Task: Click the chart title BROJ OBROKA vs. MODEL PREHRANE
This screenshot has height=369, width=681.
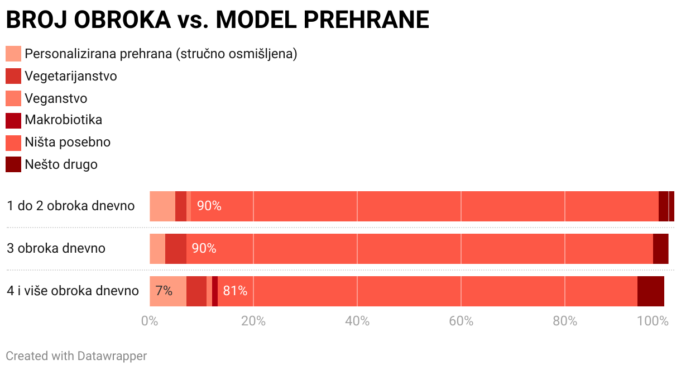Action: point(217,20)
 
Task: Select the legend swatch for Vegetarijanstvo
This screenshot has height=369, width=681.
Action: point(13,76)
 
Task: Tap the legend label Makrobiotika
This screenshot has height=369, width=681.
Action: point(63,120)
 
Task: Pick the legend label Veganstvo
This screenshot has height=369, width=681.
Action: point(56,98)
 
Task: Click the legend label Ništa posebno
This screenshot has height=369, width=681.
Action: point(68,142)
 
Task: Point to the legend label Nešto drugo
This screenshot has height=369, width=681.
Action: point(61,164)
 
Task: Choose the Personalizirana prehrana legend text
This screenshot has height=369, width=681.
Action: point(161,54)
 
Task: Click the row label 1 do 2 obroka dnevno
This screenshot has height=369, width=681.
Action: point(71,206)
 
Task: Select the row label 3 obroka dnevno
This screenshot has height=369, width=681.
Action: point(56,248)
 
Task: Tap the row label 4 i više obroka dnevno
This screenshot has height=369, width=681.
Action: point(73,291)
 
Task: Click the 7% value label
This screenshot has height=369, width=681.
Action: point(164,291)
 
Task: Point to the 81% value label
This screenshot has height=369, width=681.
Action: point(235,291)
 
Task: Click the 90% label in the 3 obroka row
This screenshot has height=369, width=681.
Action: point(204,248)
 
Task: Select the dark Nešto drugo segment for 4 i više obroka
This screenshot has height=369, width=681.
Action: point(650,291)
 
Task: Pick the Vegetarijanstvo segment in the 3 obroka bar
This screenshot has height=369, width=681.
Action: point(176,248)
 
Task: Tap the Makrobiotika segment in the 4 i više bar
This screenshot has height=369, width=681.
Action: point(215,291)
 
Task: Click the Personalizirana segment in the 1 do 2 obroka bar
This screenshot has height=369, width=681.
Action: point(162,206)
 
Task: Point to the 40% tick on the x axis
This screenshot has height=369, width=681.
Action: point(357,321)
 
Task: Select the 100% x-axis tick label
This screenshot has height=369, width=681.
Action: point(653,321)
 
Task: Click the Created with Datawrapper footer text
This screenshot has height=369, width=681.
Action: point(76,356)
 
